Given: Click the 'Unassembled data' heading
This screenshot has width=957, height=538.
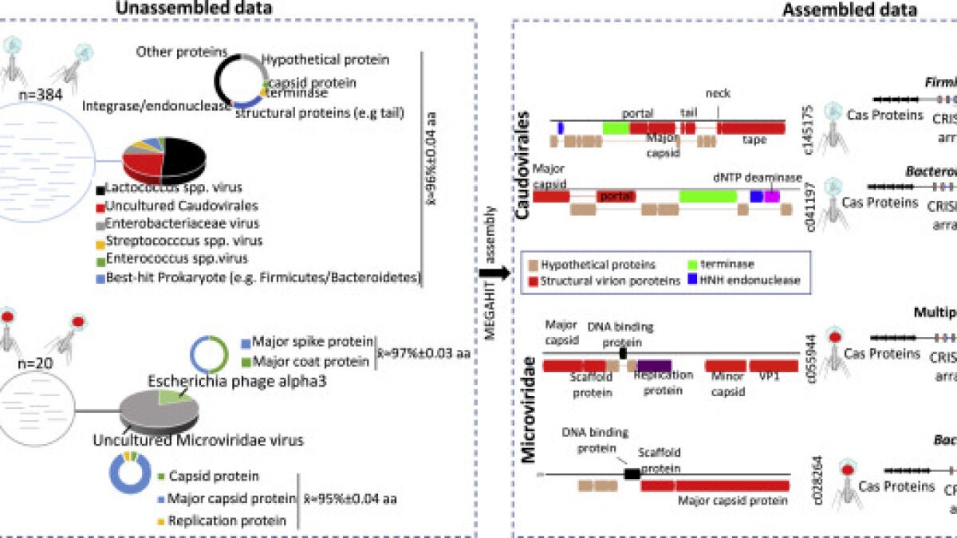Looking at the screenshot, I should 195,9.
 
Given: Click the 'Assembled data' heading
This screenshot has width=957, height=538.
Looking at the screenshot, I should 849,10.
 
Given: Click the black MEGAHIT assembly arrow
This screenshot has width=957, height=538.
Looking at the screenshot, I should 496,273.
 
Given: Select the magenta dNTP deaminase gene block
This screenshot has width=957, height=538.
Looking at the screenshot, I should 772,196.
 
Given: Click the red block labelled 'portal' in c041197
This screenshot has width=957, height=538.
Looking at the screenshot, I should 617,196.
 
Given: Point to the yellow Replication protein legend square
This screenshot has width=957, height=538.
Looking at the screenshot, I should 162,521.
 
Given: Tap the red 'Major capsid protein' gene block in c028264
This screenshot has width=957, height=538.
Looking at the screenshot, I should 715,485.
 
